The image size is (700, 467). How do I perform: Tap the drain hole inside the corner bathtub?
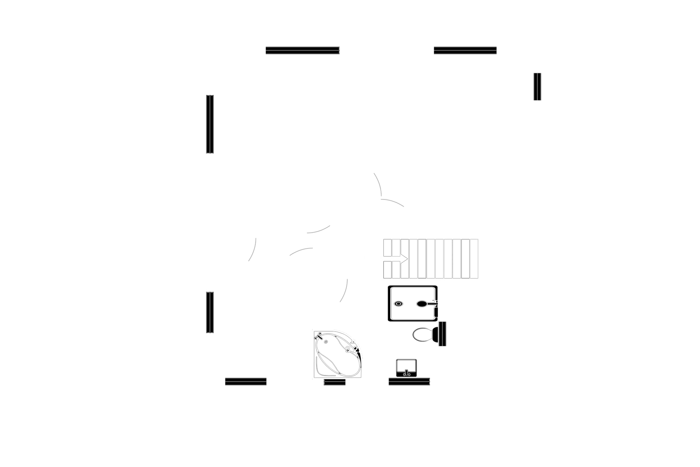(326, 341)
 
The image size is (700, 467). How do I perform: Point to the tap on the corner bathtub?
(319, 337)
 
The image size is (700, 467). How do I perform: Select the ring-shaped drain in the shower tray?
(398, 303)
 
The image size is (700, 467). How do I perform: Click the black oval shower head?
(422, 303)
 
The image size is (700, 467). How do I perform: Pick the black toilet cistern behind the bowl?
(442, 334)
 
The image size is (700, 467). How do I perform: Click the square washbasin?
(407, 368)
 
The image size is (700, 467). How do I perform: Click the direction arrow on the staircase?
(405, 259)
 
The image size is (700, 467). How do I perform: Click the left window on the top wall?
(303, 51)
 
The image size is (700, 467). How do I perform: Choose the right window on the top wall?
(465, 51)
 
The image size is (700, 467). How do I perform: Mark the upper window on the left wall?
(210, 124)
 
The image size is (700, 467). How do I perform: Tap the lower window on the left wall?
(210, 312)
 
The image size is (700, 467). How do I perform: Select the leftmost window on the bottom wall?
(246, 382)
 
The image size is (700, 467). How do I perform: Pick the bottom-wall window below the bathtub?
(335, 383)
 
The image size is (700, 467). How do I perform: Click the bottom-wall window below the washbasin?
(409, 382)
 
